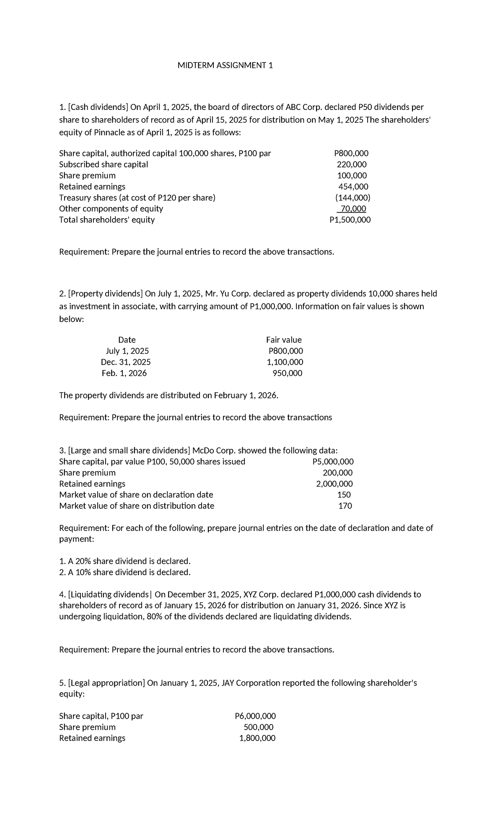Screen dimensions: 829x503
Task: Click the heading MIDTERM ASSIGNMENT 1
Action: tap(225, 65)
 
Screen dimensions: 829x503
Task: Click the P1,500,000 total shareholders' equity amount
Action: tap(350, 220)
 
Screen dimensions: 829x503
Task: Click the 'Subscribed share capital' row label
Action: tap(104, 164)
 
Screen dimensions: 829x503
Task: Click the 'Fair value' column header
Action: tap(284, 340)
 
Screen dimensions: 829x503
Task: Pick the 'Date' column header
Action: tap(127, 340)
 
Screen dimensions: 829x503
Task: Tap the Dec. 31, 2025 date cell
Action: tap(126, 362)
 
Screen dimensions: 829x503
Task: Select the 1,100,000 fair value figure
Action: tap(285, 362)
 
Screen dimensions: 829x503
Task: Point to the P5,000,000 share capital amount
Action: tap(333, 462)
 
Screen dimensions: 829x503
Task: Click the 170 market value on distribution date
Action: tap(345, 506)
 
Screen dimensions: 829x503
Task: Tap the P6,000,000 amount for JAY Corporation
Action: tap(255, 716)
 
